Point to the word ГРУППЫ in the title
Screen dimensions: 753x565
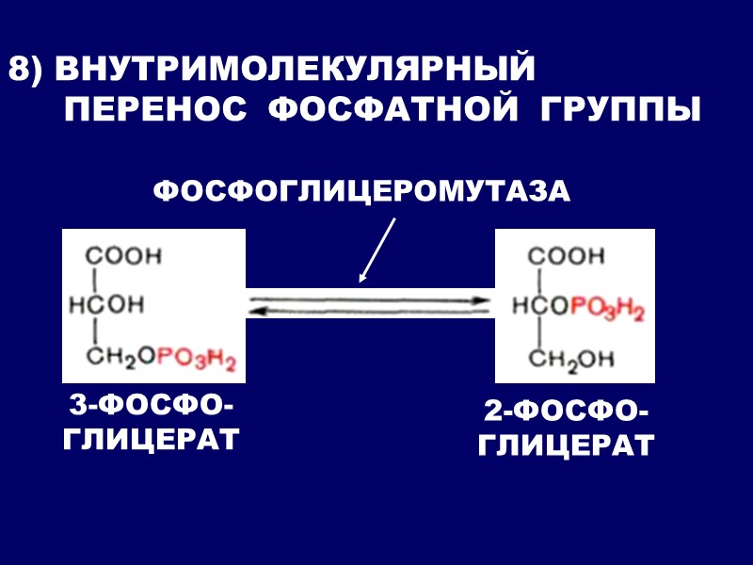(621, 109)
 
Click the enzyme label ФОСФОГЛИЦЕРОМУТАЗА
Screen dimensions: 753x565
(361, 191)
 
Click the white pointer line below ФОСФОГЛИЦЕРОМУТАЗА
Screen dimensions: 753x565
(377, 250)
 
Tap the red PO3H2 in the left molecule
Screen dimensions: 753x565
(196, 359)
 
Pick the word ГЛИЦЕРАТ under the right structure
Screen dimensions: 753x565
(566, 445)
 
